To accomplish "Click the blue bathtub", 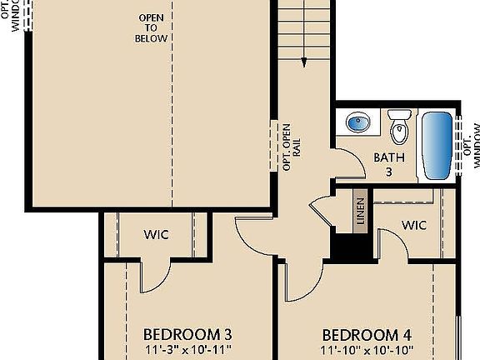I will point(437,146).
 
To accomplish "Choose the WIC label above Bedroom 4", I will point(414,225).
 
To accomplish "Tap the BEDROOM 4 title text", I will point(367,334).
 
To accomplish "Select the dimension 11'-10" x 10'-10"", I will point(367,350).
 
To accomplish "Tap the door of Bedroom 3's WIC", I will point(154,275).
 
